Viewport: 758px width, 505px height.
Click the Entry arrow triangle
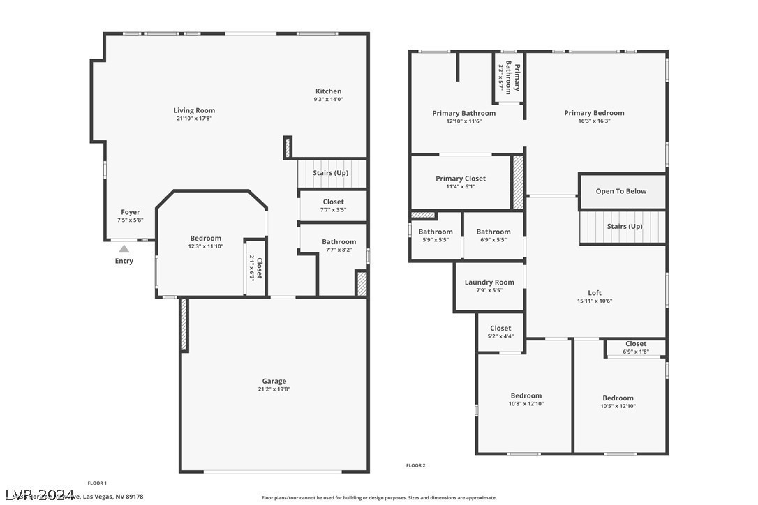pyautogui.click(x=124, y=248)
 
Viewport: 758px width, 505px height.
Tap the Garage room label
pyautogui.click(x=274, y=381)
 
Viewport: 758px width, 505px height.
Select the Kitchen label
pyautogui.click(x=328, y=91)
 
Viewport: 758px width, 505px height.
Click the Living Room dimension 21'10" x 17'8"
pyautogui.click(x=194, y=119)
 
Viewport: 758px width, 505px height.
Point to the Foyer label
pyautogui.click(x=130, y=212)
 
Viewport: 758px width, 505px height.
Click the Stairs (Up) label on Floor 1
pyautogui.click(x=330, y=173)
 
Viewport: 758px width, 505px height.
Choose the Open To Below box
pyautogui.click(x=621, y=191)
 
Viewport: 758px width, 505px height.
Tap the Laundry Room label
pyautogui.click(x=489, y=282)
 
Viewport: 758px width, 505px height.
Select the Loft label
pyautogui.click(x=595, y=293)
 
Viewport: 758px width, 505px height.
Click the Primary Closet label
pyautogui.click(x=461, y=179)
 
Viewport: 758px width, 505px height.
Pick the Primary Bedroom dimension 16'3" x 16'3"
pyautogui.click(x=594, y=121)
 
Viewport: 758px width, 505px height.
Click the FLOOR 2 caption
pyautogui.click(x=415, y=465)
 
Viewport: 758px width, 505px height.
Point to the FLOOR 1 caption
pyautogui.click(x=97, y=483)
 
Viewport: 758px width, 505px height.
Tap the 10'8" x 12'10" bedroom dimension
pyautogui.click(x=526, y=404)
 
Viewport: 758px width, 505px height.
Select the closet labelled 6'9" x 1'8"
pyautogui.click(x=635, y=347)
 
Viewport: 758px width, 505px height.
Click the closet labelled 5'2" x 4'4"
pyautogui.click(x=500, y=332)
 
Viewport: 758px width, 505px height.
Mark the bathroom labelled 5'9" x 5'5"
pyautogui.click(x=436, y=236)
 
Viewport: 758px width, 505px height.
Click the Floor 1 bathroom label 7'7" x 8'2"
pyautogui.click(x=339, y=246)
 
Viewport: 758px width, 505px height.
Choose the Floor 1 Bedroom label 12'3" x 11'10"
pyautogui.click(x=205, y=242)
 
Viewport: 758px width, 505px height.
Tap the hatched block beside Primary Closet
pyautogui.click(x=518, y=182)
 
